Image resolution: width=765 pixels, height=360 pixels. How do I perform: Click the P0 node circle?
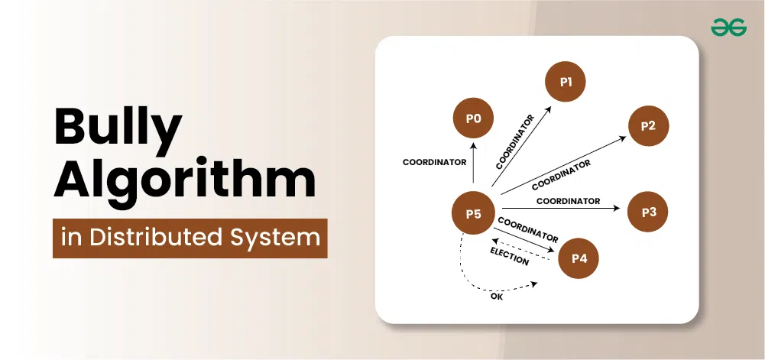(x=473, y=118)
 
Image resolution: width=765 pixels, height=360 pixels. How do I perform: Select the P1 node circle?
(x=566, y=82)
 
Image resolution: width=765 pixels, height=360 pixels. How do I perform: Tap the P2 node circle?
(x=648, y=126)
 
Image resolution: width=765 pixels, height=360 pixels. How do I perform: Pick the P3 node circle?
(x=648, y=212)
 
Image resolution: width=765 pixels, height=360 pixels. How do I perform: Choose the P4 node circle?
(x=579, y=258)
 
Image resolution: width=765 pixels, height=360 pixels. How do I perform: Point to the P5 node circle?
(x=473, y=214)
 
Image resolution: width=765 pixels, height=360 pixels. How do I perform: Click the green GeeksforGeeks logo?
(x=728, y=28)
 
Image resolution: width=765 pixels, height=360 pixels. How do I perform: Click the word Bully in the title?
(x=118, y=126)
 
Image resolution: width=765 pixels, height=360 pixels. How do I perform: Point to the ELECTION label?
(x=509, y=257)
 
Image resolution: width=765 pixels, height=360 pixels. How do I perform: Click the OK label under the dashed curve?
(x=496, y=297)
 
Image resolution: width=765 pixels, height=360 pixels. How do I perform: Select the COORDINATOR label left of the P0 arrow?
(x=434, y=163)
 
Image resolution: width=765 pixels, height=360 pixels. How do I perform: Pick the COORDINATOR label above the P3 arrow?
(x=568, y=201)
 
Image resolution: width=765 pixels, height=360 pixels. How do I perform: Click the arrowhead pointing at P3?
(x=617, y=209)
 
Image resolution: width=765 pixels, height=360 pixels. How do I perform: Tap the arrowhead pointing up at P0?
(x=473, y=147)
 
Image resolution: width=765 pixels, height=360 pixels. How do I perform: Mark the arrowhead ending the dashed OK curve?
(x=534, y=284)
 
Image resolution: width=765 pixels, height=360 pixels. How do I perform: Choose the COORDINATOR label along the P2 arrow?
(x=561, y=174)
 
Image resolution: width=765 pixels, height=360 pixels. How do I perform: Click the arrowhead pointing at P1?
(x=549, y=110)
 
